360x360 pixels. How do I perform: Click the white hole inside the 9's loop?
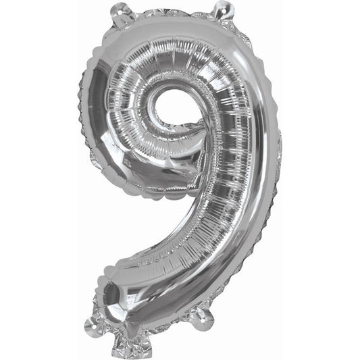pos(161,107)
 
